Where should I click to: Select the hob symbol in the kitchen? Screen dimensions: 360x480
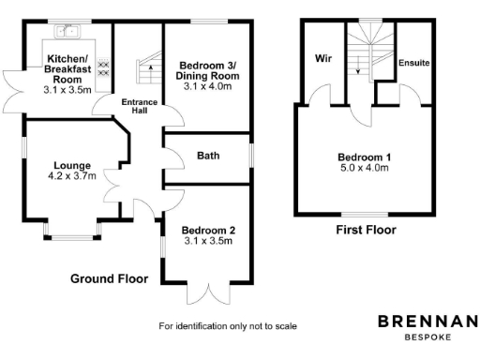(103, 67)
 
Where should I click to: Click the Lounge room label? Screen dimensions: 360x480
(71, 163)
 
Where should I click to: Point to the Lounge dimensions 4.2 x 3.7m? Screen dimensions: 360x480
(71, 175)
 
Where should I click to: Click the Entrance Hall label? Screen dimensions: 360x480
(138, 104)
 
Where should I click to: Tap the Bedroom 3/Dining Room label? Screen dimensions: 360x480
(207, 69)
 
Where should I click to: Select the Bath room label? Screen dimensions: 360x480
(208, 156)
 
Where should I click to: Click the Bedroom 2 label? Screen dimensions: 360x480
(208, 231)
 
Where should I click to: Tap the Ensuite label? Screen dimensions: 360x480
(413, 63)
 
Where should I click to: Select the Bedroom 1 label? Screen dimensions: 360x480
(365, 157)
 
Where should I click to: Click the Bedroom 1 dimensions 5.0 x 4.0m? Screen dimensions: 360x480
(365, 169)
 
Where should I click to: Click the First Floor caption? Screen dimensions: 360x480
(366, 230)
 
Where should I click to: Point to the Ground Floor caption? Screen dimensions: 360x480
(110, 279)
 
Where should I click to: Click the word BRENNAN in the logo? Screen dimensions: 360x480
(427, 321)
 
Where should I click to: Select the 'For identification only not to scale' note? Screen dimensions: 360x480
(228, 326)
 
